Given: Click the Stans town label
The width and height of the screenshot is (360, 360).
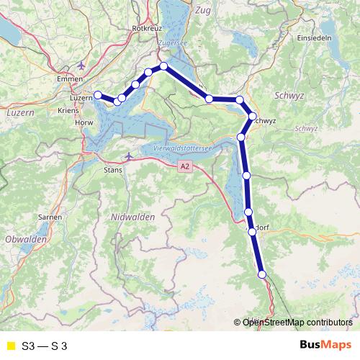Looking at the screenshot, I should (114, 171).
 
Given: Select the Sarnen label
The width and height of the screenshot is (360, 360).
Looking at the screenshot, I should (49, 216).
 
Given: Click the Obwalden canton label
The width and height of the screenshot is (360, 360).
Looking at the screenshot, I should (25, 238).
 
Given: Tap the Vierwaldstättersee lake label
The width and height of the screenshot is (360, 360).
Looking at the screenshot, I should (181, 148).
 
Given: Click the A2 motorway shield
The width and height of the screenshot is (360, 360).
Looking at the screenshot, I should (186, 166).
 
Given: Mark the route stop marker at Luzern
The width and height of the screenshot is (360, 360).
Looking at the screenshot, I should (98, 94).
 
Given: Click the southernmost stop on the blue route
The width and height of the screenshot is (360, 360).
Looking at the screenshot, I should (262, 274).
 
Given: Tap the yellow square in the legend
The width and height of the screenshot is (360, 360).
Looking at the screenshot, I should (9, 345).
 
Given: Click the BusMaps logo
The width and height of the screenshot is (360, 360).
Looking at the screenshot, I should (330, 344).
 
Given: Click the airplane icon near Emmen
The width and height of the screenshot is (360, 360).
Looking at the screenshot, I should (80, 65).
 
